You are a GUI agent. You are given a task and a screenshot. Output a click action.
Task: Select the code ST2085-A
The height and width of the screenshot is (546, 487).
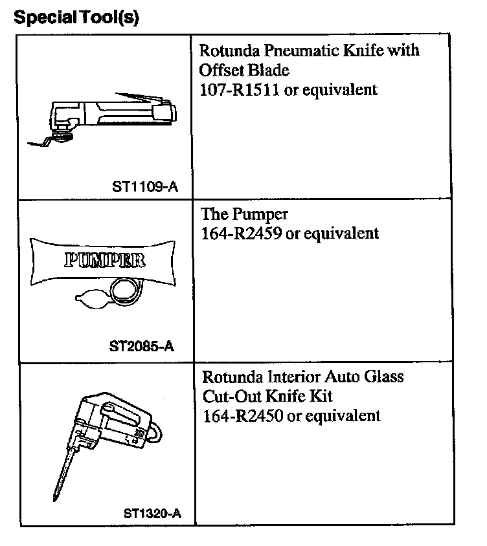pyautogui.click(x=142, y=345)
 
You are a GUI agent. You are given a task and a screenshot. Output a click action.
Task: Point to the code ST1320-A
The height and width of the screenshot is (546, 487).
pyautogui.click(x=152, y=514)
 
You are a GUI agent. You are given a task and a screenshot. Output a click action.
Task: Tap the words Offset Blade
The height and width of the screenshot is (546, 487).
pyautogui.click(x=244, y=69)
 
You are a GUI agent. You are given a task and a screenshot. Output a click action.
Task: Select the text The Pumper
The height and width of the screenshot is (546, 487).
pyautogui.click(x=245, y=214)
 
